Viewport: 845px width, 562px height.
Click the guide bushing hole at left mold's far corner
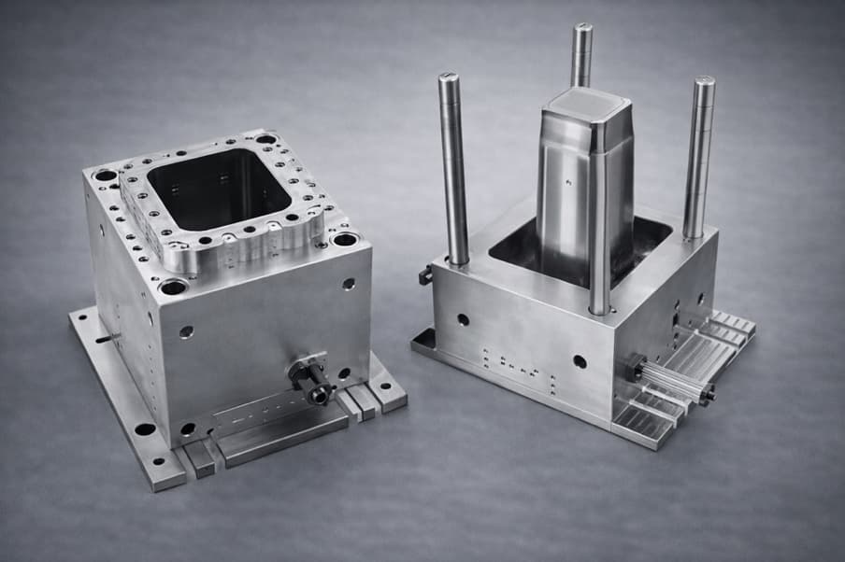266,139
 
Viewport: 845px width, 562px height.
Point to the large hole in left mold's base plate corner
145,430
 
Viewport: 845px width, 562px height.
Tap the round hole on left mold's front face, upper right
348,284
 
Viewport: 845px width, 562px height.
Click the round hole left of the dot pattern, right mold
463,319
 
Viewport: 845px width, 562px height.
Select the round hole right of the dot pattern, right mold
580,361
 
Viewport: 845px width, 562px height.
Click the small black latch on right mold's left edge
425,274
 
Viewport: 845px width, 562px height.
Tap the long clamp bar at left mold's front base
280,435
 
